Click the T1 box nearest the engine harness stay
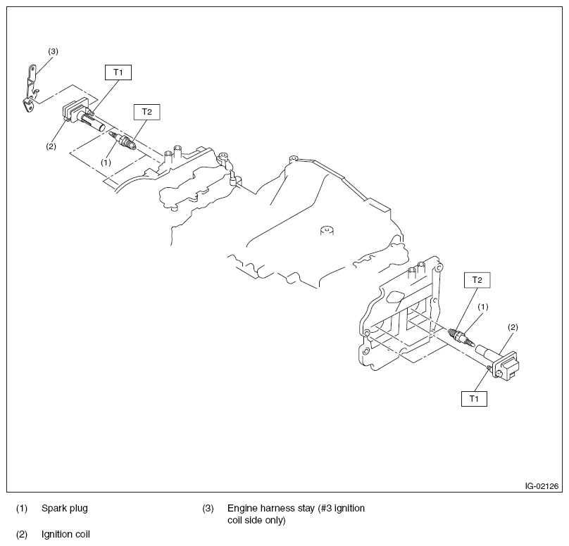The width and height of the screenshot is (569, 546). point(118,72)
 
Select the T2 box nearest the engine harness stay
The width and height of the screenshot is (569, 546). point(146,111)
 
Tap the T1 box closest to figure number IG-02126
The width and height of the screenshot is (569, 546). point(474,398)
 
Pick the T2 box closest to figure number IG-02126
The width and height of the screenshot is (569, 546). point(477,280)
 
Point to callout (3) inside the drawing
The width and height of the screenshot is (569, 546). point(53,51)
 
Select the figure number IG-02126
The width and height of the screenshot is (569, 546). point(541,485)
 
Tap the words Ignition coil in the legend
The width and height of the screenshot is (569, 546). point(65,534)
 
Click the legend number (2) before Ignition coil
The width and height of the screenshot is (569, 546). point(22,534)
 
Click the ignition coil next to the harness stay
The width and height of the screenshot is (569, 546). point(77,117)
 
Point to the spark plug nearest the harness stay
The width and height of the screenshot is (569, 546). point(124,140)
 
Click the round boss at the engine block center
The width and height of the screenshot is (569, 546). point(325,230)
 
